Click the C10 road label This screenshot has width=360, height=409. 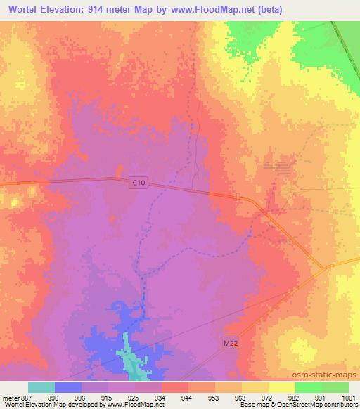[x=139, y=183]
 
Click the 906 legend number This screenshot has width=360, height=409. [x=81, y=397]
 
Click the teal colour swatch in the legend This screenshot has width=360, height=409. [x=41, y=387]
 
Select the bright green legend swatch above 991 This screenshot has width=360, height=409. [x=308, y=387]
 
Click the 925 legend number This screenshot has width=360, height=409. [x=134, y=397]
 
